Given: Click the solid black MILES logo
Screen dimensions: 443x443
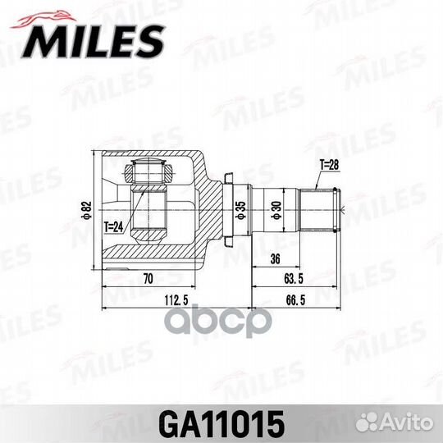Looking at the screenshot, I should pyautogui.click(x=97, y=39).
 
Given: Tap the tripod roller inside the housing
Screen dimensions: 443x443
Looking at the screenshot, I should pyautogui.click(x=148, y=175).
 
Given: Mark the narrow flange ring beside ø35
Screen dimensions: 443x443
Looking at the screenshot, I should pyautogui.click(x=231, y=210).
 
